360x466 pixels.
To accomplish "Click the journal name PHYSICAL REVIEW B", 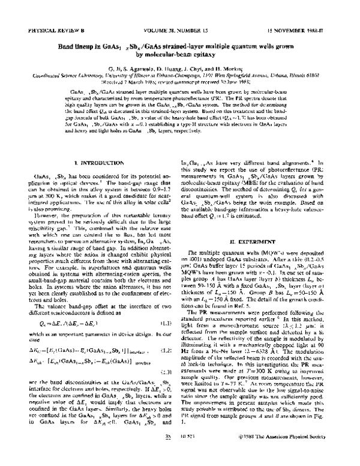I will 46,29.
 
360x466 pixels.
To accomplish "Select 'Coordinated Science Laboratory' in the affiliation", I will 57,76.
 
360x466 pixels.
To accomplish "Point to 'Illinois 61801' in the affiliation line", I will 315,76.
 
